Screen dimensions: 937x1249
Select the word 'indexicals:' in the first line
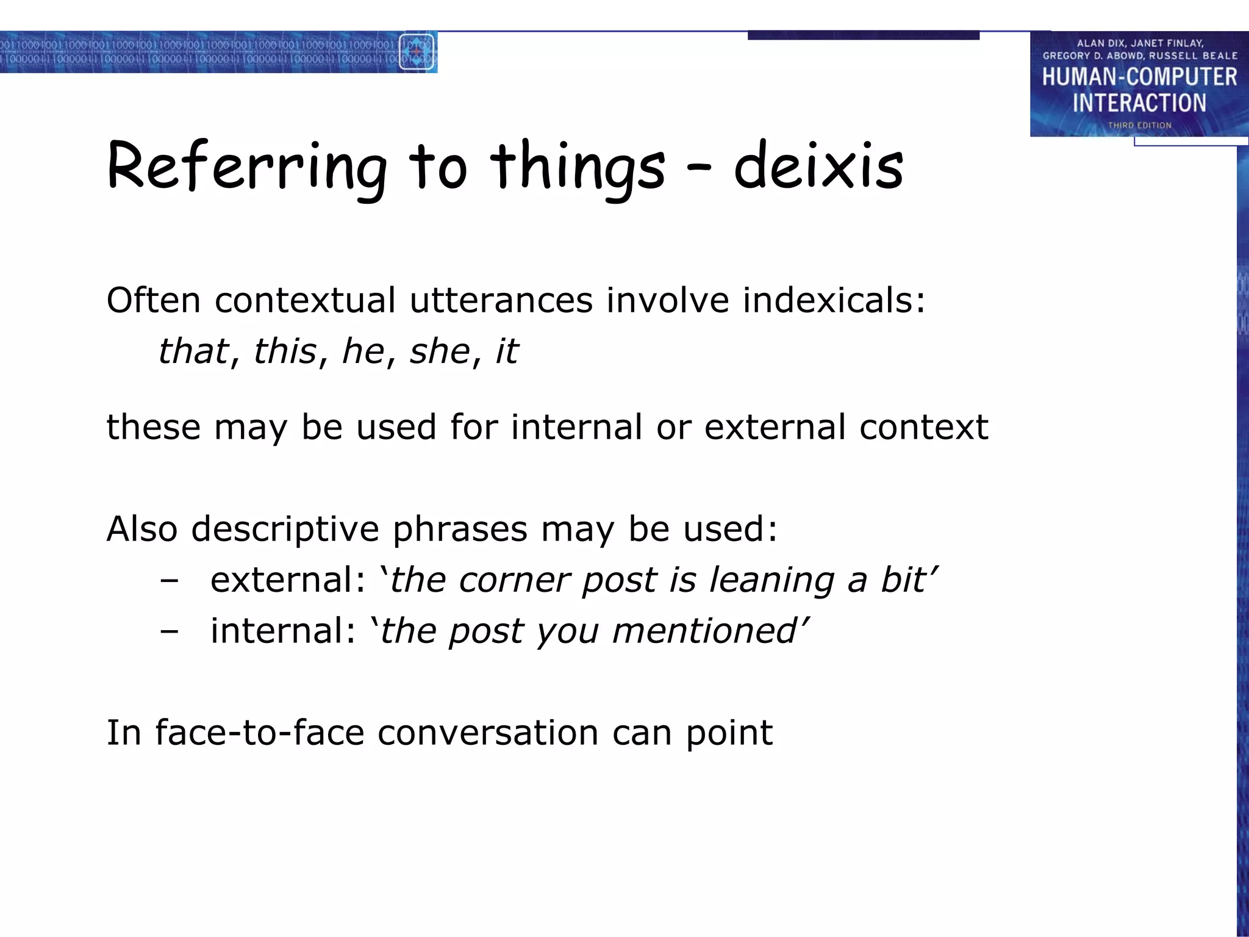[834, 300]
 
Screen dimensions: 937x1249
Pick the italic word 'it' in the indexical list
[507, 351]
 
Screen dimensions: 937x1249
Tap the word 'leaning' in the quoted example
[772, 581]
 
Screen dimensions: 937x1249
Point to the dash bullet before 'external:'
[169, 581]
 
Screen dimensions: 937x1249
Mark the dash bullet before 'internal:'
[169, 632]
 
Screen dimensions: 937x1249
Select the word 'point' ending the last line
[729, 733]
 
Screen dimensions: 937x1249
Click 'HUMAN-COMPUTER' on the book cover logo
[1139, 77]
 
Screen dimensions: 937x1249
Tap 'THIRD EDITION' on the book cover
[1139, 126]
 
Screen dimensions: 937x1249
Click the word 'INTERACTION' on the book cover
[1139, 103]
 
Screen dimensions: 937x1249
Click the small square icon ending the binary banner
[417, 52]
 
